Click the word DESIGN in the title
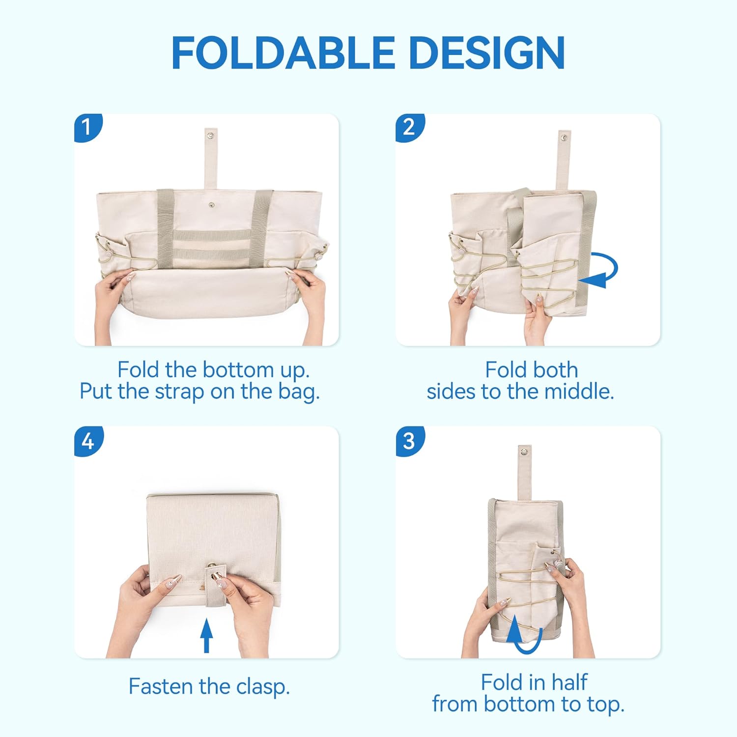coord(486,53)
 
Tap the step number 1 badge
coord(88,128)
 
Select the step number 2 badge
coord(409,128)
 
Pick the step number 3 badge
coord(409,441)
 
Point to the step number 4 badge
coord(88,441)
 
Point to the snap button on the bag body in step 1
coord(212,205)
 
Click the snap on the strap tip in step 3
coord(525,451)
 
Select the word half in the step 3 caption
coord(569,682)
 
